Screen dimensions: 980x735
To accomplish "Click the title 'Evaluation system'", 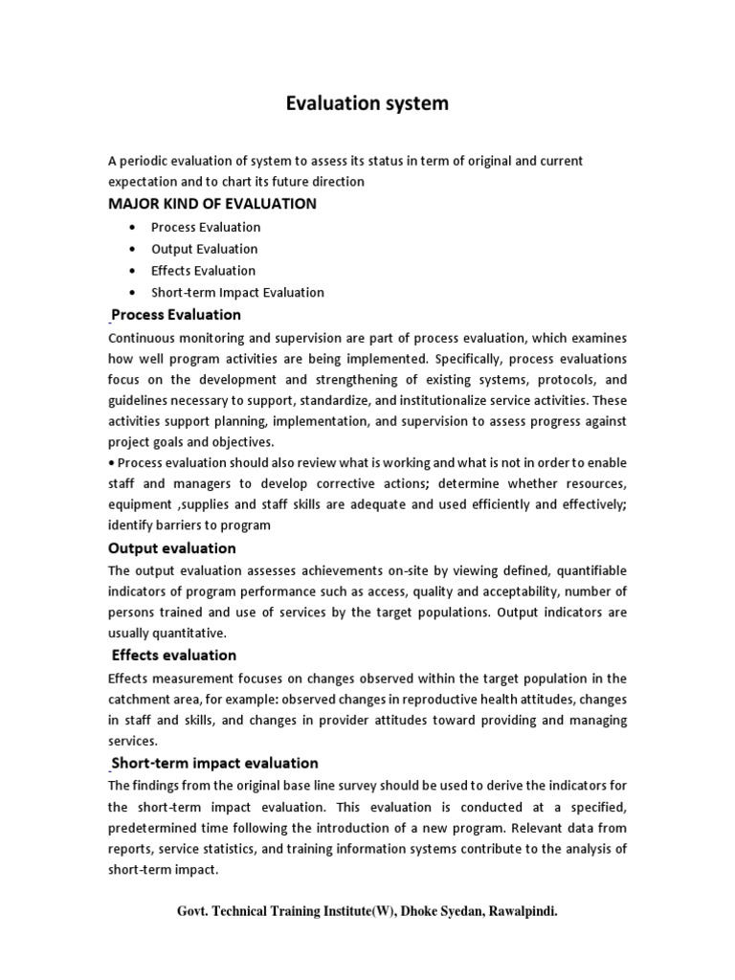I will pos(367,103).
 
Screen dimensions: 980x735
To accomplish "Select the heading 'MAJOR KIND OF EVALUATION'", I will pos(212,204).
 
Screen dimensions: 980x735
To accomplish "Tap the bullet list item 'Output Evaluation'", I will pos(204,249).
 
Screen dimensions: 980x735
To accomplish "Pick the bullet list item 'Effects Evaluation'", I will pos(203,271).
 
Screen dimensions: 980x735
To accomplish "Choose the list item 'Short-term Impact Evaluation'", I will pos(237,293).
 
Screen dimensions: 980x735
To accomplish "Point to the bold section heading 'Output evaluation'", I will pos(172,548).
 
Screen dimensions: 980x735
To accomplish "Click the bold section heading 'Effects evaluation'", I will pos(174,656).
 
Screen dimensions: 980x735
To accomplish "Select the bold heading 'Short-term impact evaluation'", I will pos(215,763).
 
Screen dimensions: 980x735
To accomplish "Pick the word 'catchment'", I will pos(141,699).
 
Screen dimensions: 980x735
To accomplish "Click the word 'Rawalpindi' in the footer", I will pos(522,912).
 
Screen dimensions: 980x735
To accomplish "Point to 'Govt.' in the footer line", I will pos(196,912).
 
